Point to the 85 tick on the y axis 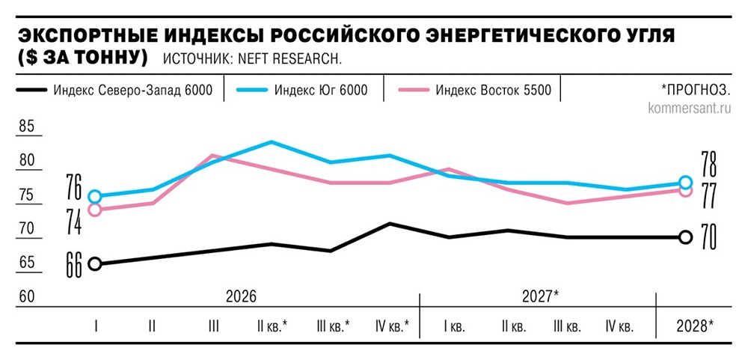(x=26, y=126)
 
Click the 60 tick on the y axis (x=26, y=296)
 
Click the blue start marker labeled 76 (x=95, y=197)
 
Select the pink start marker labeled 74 (x=95, y=210)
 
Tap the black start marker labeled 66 (x=95, y=263)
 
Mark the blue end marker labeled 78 (x=684, y=183)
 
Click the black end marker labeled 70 (x=684, y=237)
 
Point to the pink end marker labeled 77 (x=684, y=190)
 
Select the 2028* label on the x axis (x=695, y=326)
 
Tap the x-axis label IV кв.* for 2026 (x=392, y=326)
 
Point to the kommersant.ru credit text (x=689, y=108)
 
